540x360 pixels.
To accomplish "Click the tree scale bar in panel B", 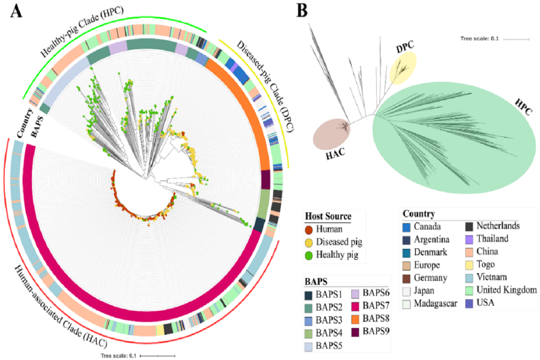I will pyautogui.click(x=516, y=40).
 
